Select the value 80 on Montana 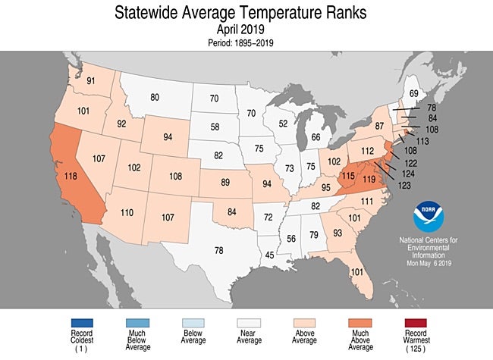154,97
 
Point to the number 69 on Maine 413,94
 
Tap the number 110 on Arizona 127,214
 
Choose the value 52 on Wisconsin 283,124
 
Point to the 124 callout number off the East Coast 407,175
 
